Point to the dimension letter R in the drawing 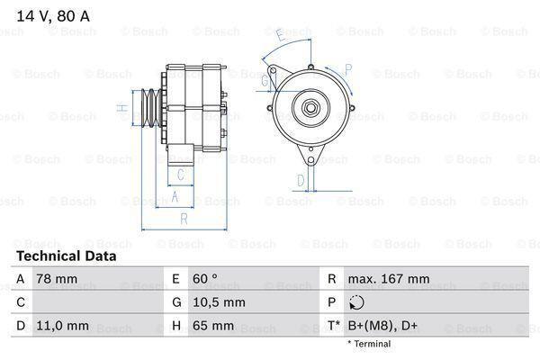coord(184,219)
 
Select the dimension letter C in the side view coord(181,174)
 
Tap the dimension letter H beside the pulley coord(120,108)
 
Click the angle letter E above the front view coord(281,36)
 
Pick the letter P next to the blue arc coord(347,67)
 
